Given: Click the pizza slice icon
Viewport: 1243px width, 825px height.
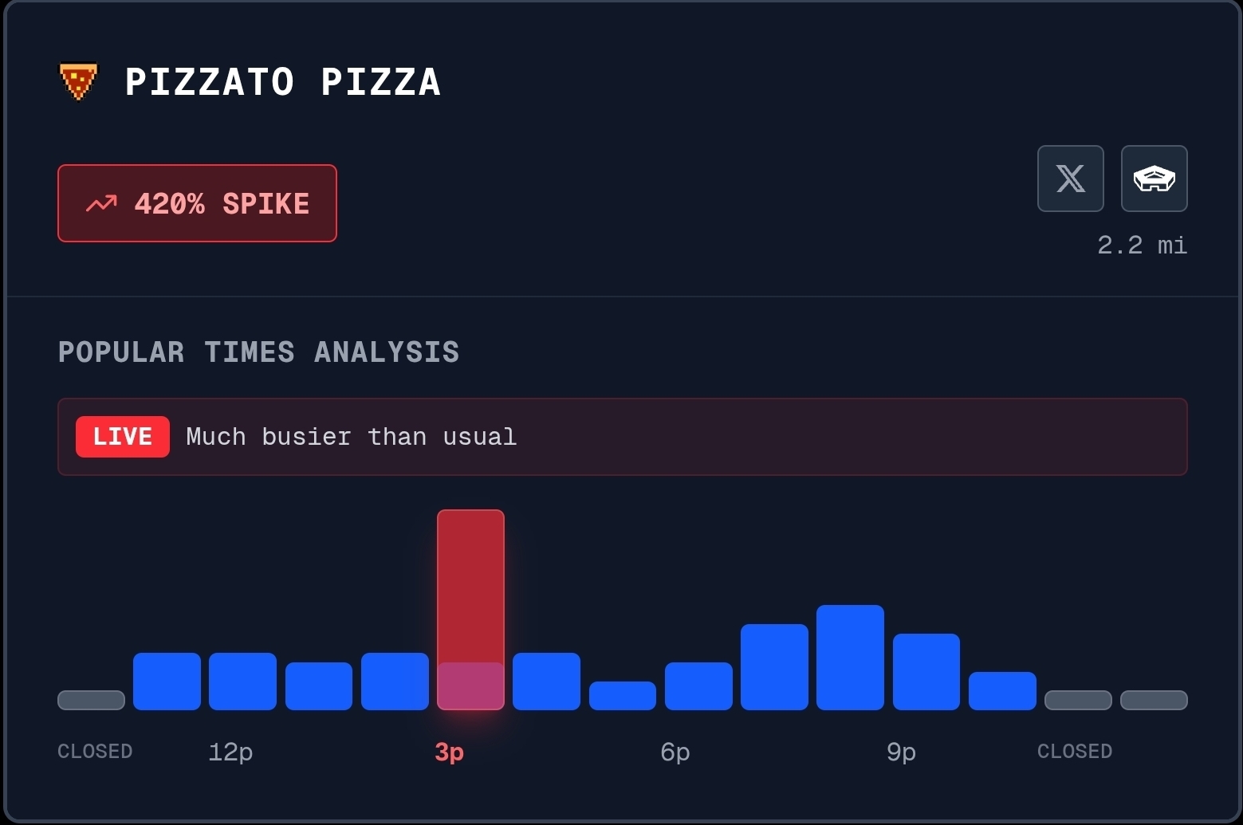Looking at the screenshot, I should pyautogui.click(x=78, y=81).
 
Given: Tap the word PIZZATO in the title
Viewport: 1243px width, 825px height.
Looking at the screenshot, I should pyautogui.click(x=210, y=82).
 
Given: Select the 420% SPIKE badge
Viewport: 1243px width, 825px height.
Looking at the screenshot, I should pyautogui.click(x=197, y=203).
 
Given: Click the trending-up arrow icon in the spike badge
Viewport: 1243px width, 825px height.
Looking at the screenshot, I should pyautogui.click(x=101, y=204).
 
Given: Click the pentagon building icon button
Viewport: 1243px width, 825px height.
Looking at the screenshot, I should pyautogui.click(x=1154, y=179).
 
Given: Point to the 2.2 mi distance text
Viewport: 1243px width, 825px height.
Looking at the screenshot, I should pyautogui.click(x=1142, y=246).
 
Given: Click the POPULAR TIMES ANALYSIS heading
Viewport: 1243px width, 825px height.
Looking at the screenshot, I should pyautogui.click(x=258, y=352).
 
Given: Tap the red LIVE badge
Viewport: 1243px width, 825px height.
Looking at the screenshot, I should pyautogui.click(x=123, y=437).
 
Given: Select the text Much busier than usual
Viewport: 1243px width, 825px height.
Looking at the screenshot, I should pyautogui.click(x=351, y=437).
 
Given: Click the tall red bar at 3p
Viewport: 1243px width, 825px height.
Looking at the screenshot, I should pyautogui.click(x=470, y=590).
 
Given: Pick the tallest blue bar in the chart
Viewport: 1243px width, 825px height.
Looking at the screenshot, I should pyautogui.click(x=850, y=658).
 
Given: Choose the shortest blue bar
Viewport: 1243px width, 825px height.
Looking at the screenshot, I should pyautogui.click(x=622, y=696).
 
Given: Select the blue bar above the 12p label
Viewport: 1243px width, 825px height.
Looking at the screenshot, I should pyautogui.click(x=242, y=682).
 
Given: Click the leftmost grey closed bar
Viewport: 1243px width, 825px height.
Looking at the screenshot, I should pyautogui.click(x=91, y=700).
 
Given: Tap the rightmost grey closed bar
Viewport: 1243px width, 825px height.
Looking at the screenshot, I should pyautogui.click(x=1154, y=700).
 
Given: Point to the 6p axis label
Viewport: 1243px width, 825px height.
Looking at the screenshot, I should pyautogui.click(x=675, y=752).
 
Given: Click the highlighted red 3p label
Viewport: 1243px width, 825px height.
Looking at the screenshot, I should pyautogui.click(x=449, y=752).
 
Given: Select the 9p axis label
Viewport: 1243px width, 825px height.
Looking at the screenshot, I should pyautogui.click(x=901, y=752).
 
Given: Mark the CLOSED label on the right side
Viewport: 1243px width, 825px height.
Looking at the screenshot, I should pyautogui.click(x=1074, y=752).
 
